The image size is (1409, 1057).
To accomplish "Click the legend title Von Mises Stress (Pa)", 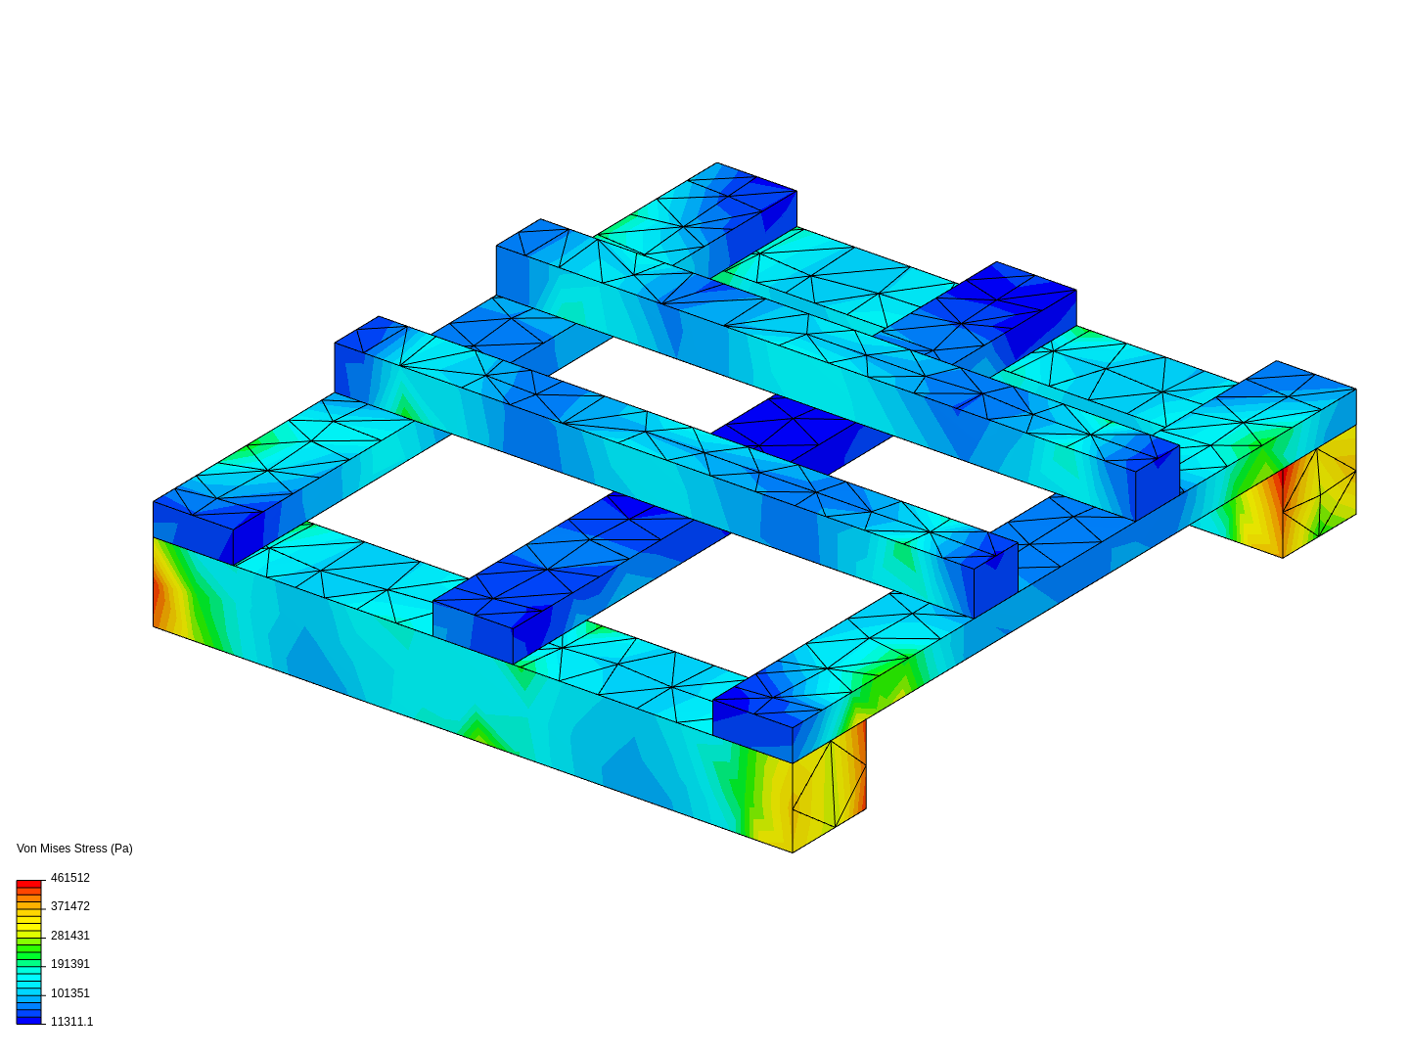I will [x=74, y=849].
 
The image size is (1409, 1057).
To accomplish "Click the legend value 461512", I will [x=69, y=878].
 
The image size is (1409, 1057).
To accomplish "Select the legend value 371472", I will [x=69, y=906].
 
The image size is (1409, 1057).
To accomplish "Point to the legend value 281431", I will [x=69, y=936].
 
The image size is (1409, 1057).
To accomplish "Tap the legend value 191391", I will [x=69, y=964].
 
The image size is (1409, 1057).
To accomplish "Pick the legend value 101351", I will [x=69, y=993].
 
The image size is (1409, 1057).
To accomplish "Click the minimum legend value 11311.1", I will [x=71, y=1022].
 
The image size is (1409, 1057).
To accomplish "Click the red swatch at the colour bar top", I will [x=28, y=884].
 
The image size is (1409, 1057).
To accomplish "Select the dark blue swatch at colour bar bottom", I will [x=28, y=1020].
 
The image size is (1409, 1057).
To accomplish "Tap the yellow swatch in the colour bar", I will [x=28, y=922].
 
